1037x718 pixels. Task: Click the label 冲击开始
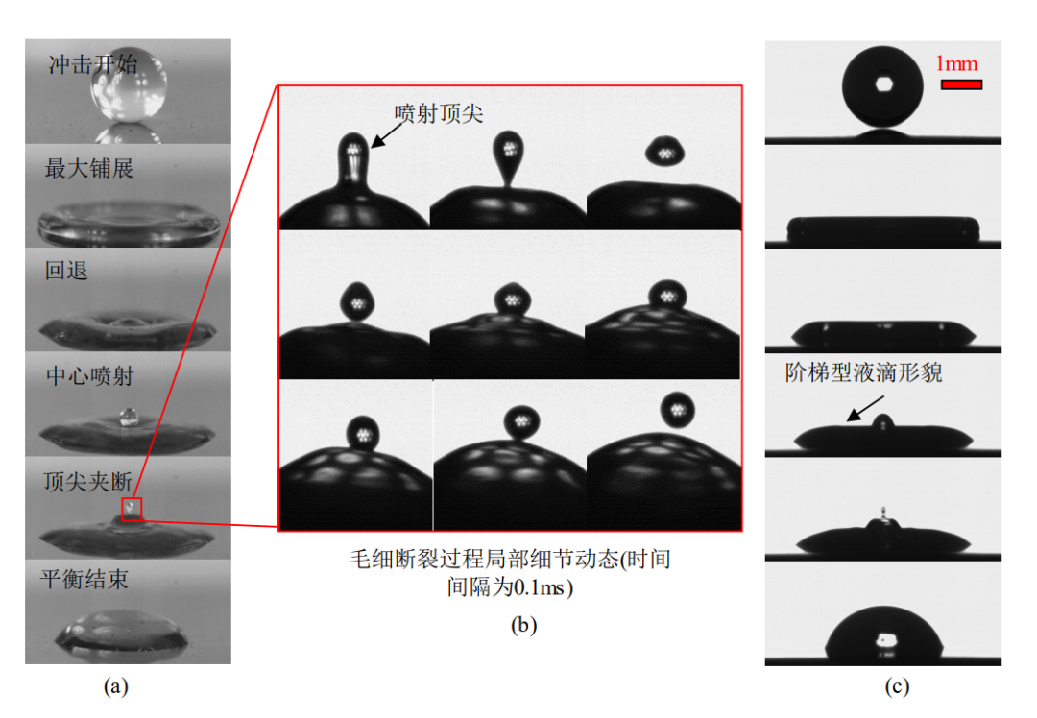click(93, 64)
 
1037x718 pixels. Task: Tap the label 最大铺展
click(89, 169)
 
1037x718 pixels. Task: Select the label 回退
click(67, 271)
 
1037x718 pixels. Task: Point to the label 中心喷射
click(89, 375)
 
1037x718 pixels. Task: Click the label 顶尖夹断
click(89, 479)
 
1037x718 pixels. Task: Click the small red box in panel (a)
click(132, 509)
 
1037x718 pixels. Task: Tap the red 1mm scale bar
click(960, 84)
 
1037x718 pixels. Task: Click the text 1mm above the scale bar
click(956, 63)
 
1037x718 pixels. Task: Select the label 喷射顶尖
click(439, 112)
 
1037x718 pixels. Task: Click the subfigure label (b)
click(523, 626)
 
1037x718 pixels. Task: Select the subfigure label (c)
click(898, 685)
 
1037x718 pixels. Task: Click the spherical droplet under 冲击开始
click(129, 88)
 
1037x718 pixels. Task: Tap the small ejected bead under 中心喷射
click(127, 417)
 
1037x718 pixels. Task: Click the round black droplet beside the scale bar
click(882, 87)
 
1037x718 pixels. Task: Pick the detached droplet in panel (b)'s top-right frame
click(662, 150)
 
